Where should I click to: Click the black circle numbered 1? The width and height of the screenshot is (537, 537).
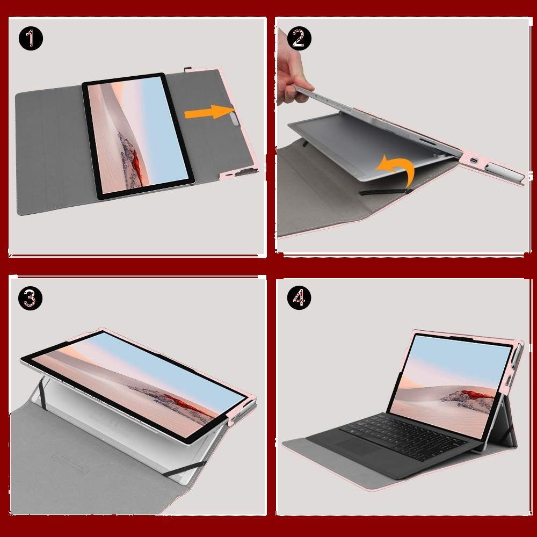31,38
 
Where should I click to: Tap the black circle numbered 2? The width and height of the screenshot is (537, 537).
299,38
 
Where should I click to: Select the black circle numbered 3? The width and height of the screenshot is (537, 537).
31,298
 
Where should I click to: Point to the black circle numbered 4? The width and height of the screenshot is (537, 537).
299,298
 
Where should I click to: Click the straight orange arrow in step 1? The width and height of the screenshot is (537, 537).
209,112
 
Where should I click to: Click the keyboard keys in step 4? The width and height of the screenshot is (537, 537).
404,436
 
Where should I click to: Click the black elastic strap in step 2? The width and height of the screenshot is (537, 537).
383,192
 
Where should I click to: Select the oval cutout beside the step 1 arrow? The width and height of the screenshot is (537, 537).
234,120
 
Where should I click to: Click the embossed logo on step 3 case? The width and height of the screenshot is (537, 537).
70,463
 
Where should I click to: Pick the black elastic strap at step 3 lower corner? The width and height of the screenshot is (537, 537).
184,469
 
